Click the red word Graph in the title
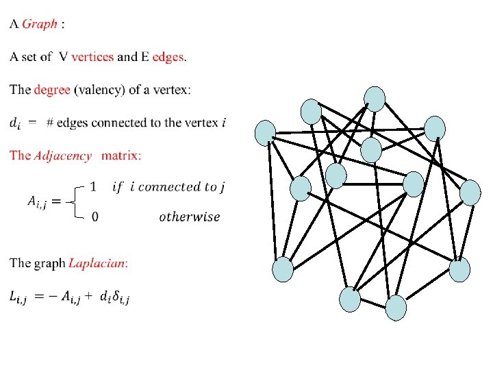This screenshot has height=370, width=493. [x=40, y=25]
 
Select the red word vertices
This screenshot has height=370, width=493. [x=92, y=57]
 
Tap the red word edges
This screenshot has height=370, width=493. [x=168, y=57]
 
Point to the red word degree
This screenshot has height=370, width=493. [x=52, y=90]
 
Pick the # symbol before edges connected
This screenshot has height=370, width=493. [x=50, y=123]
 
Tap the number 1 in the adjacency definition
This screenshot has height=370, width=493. [x=94, y=186]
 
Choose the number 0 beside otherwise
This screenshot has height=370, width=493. [x=94, y=217]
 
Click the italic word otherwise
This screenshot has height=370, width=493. [x=190, y=217]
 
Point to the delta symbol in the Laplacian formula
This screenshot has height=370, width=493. [x=117, y=297]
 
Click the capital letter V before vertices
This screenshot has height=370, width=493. [x=63, y=57]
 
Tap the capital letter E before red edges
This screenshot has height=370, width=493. [x=144, y=57]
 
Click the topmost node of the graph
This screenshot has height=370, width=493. [x=375, y=98]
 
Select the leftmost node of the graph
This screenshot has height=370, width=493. [x=265, y=133]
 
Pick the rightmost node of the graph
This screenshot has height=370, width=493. [x=470, y=193]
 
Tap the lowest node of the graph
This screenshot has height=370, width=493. [x=396, y=308]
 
